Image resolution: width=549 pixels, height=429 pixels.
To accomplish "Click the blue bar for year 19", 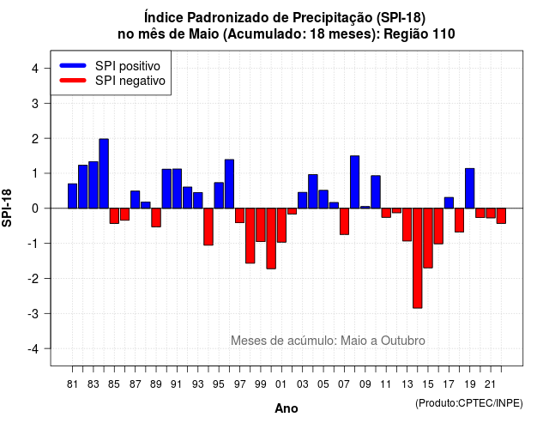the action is coord(469,189).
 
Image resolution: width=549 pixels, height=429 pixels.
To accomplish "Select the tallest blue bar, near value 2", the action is coord(104,173).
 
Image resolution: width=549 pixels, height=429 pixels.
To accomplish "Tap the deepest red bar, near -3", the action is coord(418,258).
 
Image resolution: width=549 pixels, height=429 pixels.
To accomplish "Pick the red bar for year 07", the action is coord(344,221).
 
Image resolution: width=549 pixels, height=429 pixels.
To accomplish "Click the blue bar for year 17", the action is coord(449,202).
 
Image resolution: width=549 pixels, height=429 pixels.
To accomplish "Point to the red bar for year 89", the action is coord(156,217).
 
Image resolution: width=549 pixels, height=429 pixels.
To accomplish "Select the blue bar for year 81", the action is coord(72,196).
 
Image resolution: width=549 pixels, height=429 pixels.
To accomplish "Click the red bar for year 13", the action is coord(407,225).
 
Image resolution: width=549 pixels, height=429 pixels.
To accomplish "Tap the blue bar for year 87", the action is coord(136,200).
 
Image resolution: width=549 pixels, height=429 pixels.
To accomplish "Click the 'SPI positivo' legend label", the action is coord(128,66).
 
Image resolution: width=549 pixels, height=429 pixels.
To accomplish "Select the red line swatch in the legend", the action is coord(73,81).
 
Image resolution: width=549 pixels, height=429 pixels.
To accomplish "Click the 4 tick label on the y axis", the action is coord(35,69).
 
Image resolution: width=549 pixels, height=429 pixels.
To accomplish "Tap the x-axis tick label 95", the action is coord(219,384).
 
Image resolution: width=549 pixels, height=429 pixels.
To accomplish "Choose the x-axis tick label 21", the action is coord(491,384).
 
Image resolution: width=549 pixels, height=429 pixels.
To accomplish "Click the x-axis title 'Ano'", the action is coord(287,408).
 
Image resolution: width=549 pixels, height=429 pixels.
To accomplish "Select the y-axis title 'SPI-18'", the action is coord(7,208).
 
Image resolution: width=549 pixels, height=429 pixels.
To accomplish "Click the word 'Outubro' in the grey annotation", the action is coord(403,341).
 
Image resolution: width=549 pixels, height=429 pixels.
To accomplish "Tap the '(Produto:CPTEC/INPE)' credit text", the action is coord(469,403).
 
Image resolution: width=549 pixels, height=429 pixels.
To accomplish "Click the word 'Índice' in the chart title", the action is coord(164,17).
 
